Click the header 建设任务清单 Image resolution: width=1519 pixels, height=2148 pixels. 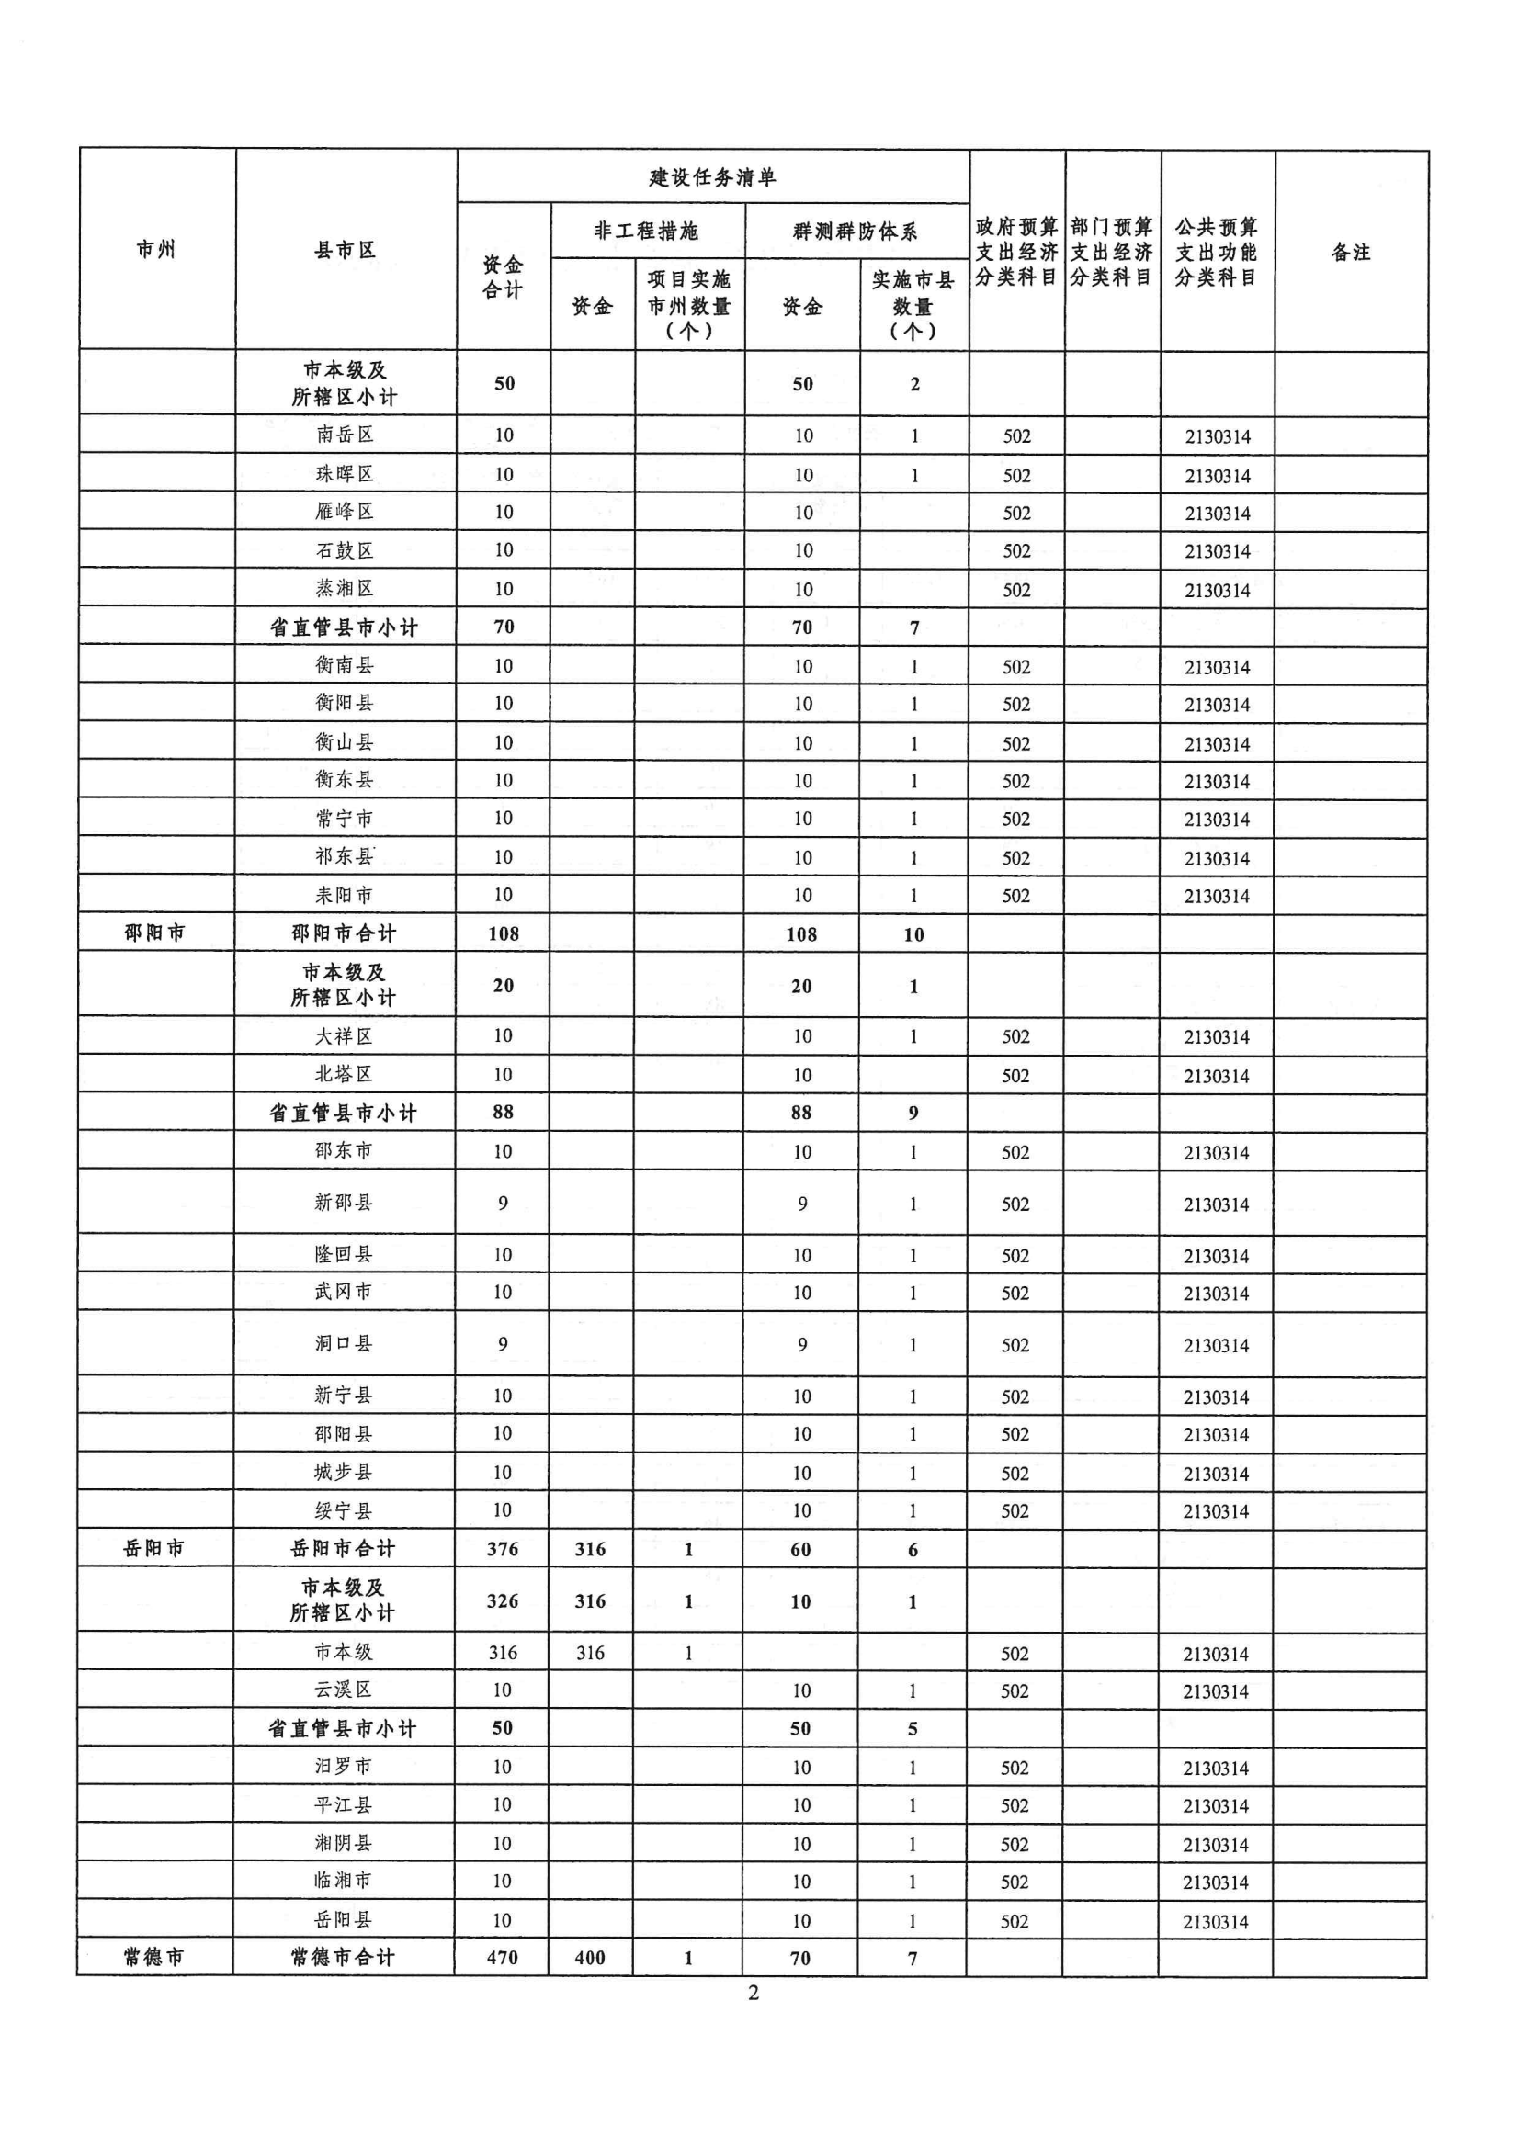pyautogui.click(x=712, y=176)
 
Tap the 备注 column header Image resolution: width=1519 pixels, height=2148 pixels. pyautogui.click(x=1350, y=252)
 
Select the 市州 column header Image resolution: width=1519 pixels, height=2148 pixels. pyautogui.click(x=156, y=249)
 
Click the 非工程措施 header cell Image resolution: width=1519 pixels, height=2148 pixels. pyautogui.click(x=647, y=232)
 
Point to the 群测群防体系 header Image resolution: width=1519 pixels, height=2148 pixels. pyautogui.click(x=856, y=232)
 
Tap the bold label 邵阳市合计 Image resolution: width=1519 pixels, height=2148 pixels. pyautogui.click(x=344, y=933)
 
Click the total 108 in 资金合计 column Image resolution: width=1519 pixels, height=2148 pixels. pyautogui.click(x=504, y=933)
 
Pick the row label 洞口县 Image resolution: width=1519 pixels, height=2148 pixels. pyautogui.click(x=344, y=1343)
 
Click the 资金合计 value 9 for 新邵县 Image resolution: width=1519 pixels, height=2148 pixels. pyautogui.click(x=504, y=1204)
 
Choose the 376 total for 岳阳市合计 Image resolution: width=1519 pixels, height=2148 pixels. pyautogui.click(x=503, y=1549)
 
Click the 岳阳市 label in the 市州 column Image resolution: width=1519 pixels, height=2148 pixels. pyautogui.click(x=154, y=1549)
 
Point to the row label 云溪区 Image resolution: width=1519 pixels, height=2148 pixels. pyautogui.click(x=344, y=1690)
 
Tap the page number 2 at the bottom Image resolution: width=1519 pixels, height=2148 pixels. pyautogui.click(x=754, y=1993)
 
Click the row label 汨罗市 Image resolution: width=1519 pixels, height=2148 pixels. pyautogui.click(x=344, y=1767)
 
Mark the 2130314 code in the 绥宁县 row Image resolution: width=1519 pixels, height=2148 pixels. pyautogui.click(x=1216, y=1512)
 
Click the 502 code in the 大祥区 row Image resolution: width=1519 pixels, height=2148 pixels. pyautogui.click(x=1015, y=1036)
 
